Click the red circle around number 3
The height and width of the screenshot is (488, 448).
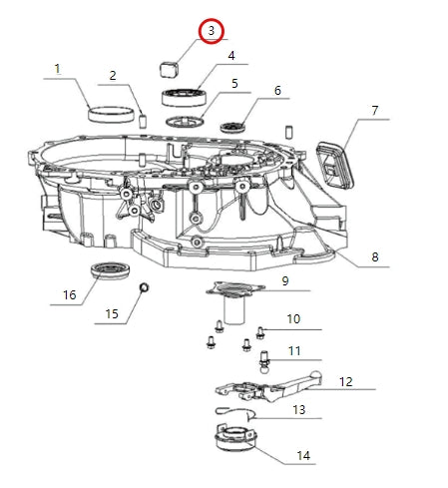[211, 31]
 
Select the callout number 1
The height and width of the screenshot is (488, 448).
[58, 69]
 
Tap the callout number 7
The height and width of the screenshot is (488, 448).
[374, 110]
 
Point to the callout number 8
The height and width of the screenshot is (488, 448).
[374, 256]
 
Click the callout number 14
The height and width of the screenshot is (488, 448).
[303, 456]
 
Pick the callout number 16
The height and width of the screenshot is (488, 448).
[69, 295]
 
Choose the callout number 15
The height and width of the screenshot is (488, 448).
[112, 314]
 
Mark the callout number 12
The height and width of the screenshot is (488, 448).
[345, 382]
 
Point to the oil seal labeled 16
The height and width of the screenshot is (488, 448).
[104, 269]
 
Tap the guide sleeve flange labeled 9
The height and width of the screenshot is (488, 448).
[232, 292]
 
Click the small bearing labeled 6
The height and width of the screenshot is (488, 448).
[236, 127]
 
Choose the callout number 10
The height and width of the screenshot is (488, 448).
[293, 319]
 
